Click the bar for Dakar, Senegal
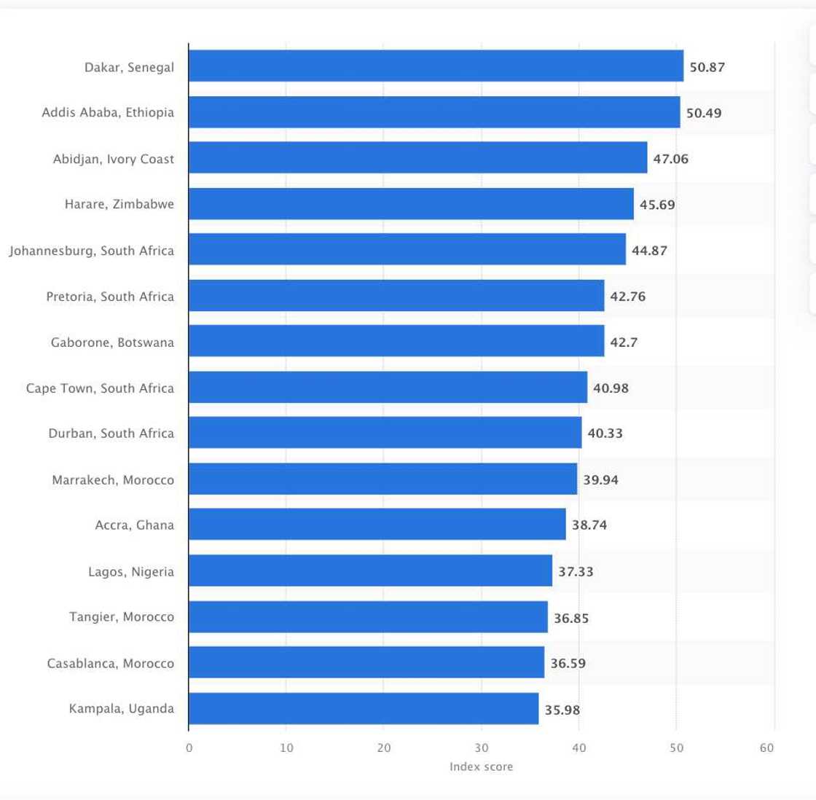pyautogui.click(x=436, y=66)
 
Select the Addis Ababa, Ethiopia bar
pyautogui.click(x=434, y=112)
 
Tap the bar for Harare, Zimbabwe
pyautogui.click(x=411, y=204)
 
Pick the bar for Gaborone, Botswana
pyautogui.click(x=396, y=342)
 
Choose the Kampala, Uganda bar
pyautogui.click(x=364, y=709)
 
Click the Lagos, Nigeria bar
pyautogui.click(x=370, y=571)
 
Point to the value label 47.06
pyautogui.click(x=670, y=159)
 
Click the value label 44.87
pyautogui.click(x=649, y=251)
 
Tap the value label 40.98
pyautogui.click(x=611, y=388)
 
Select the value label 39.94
pyautogui.click(x=600, y=480)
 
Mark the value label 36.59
pyautogui.click(x=568, y=664)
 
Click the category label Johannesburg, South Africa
pyautogui.click(x=92, y=251)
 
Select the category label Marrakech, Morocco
pyautogui.click(x=113, y=480)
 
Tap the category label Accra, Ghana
pyautogui.click(x=135, y=525)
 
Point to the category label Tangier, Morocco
pyautogui.click(x=122, y=617)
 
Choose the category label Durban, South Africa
pyautogui.click(x=111, y=434)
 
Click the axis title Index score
pyautogui.click(x=481, y=766)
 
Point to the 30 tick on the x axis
pyautogui.click(x=481, y=748)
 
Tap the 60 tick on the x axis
pyautogui.click(x=766, y=748)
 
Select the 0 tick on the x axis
pyautogui.click(x=189, y=748)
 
